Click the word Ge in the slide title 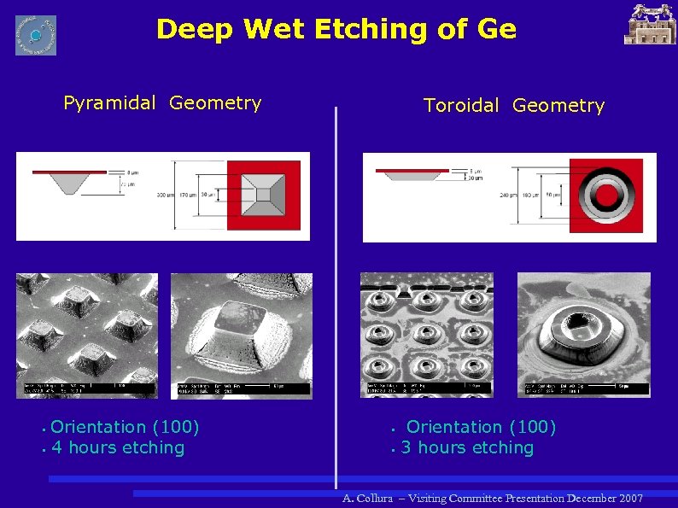(498, 30)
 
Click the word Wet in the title (274, 30)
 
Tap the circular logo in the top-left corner (36, 35)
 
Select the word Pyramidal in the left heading (109, 103)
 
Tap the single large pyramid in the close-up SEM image (242, 328)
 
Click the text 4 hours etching (118, 448)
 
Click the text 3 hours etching (467, 448)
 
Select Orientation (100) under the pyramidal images (125, 427)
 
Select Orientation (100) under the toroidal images (481, 427)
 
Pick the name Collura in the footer (376, 498)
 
